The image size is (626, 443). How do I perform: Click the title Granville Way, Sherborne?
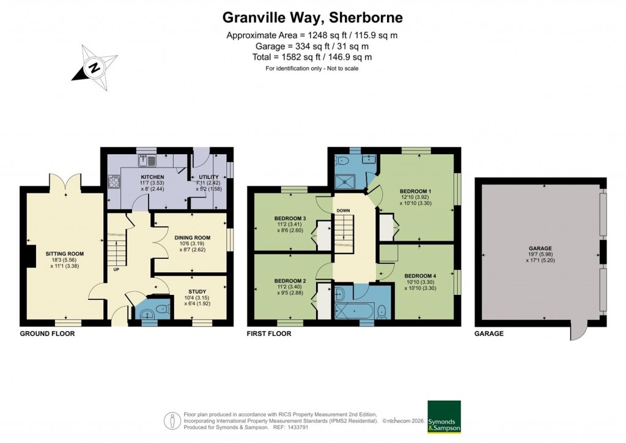coord(312,17)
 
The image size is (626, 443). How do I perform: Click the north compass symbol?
coord(94,66)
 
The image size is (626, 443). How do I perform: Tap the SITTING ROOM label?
coord(64,253)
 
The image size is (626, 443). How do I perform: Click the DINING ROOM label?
coord(192,237)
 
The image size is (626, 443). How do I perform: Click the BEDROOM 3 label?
coord(289,218)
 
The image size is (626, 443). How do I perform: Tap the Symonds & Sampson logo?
coord(444,417)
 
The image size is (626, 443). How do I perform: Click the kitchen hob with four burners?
coord(114,181)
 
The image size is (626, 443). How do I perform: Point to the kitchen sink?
coord(147,161)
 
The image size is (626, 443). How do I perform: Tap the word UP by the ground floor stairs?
coord(115,269)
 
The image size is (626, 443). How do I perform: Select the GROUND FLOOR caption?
coord(47,334)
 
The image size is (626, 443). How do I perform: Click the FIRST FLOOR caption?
coord(269,334)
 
